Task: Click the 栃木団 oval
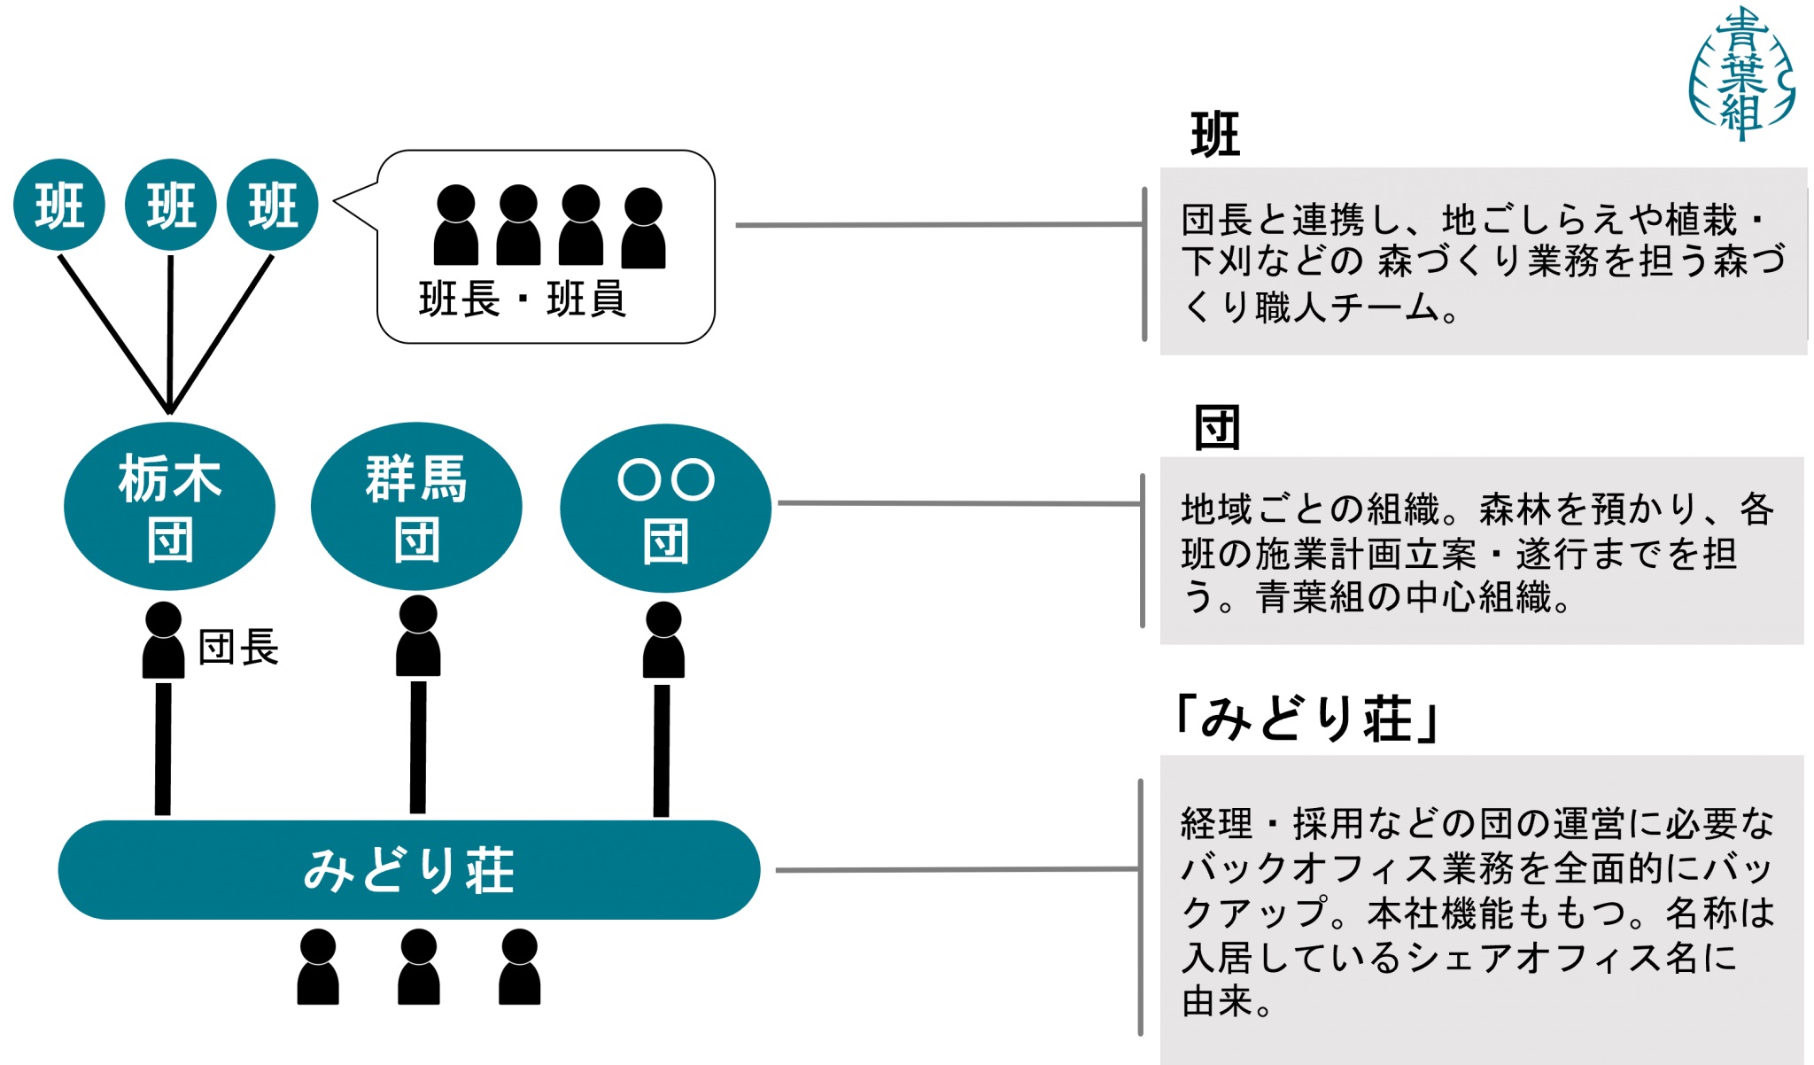169,507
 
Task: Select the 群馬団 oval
416,507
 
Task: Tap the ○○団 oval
665,508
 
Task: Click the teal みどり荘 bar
408,869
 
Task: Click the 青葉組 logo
1741,74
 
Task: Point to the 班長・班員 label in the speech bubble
523,299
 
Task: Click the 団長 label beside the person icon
237,647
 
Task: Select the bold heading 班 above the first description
1215,136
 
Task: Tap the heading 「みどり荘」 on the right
1306,718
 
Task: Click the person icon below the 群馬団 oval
418,636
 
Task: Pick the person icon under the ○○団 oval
663,640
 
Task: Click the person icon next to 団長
163,640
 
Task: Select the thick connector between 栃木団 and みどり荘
163,749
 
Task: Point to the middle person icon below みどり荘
419,967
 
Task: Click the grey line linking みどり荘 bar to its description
957,869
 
